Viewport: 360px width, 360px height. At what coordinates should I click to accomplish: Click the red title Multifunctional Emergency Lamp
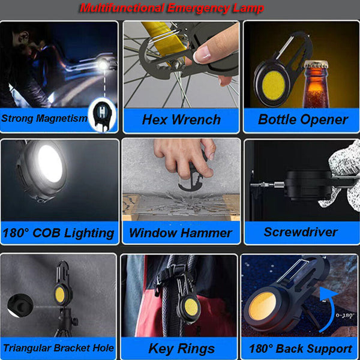coord(172,8)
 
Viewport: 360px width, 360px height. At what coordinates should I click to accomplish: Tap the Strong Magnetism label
coord(44,118)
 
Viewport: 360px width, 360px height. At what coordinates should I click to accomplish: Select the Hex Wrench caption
coord(181,119)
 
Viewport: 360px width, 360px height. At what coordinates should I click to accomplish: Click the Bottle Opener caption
coord(302,119)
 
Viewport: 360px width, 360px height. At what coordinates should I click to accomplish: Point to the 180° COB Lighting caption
coord(58,233)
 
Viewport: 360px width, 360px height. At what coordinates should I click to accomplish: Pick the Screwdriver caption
coord(301,232)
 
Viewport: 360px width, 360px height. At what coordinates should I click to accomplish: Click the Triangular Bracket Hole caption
coord(58,347)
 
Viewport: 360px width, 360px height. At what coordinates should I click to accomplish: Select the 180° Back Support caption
coord(301,348)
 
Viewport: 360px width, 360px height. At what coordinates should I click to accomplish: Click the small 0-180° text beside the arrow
coord(345,314)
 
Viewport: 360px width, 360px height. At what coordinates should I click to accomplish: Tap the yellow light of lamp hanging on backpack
coord(191,308)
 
